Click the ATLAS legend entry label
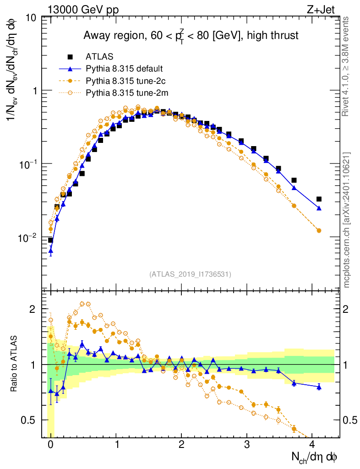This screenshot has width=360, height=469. click(x=97, y=57)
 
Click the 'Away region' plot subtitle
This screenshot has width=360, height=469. click(x=191, y=36)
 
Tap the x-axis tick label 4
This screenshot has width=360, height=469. click(x=312, y=444)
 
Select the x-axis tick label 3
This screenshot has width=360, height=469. click(x=247, y=444)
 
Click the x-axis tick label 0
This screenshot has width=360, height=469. click(x=50, y=444)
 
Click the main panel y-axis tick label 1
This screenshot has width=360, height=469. click(x=34, y=91)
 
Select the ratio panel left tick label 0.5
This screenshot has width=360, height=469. click(x=30, y=420)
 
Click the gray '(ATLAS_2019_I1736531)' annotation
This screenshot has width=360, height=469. click(x=190, y=274)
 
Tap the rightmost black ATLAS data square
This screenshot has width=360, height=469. click(x=319, y=199)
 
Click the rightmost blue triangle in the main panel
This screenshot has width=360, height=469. click(x=319, y=208)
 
